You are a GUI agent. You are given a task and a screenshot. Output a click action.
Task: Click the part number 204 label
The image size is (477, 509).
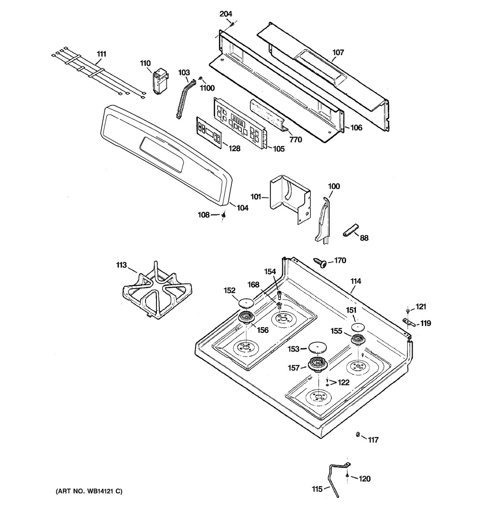226,14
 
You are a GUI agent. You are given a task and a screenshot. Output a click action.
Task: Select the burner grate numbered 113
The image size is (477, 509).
157,291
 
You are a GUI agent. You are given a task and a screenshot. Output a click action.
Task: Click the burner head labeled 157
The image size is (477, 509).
317,364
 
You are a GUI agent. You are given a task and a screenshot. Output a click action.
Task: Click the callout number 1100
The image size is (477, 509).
207,88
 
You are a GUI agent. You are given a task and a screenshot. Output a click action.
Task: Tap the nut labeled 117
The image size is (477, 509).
358,434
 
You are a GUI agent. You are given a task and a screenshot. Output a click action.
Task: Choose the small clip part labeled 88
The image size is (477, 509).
350,230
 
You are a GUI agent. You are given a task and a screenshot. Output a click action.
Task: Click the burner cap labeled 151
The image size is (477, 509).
358,326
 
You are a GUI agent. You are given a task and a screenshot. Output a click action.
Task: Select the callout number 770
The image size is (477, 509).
295,140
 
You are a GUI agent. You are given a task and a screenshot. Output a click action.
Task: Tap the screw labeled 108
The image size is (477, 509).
224,215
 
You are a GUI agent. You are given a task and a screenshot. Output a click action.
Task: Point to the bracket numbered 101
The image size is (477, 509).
290,198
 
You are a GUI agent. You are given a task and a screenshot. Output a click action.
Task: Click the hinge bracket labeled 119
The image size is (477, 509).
409,322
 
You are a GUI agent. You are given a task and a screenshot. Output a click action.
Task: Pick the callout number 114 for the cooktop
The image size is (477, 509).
356,281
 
